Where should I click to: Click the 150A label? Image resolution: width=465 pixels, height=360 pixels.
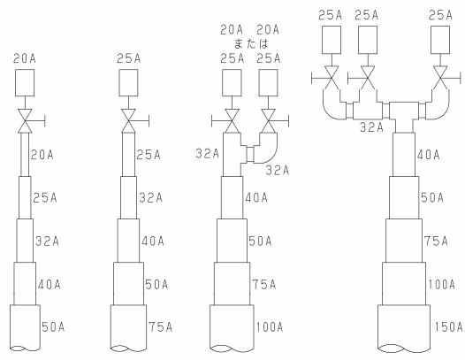[x=449, y=326]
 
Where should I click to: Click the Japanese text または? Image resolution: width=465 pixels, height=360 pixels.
[x=251, y=44]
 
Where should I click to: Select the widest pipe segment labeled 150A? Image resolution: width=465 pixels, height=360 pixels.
[x=404, y=328]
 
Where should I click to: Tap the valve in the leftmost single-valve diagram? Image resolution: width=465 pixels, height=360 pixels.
[x=25, y=121]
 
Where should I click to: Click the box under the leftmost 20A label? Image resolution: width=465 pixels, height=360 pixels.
[x=25, y=83]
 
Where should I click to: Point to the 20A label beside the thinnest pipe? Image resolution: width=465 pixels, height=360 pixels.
[x=42, y=155]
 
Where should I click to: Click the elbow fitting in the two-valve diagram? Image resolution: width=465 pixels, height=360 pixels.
[x=265, y=148]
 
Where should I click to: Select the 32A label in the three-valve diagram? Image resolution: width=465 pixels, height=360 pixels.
[x=371, y=127]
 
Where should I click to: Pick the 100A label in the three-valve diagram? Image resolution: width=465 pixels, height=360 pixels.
[x=441, y=284]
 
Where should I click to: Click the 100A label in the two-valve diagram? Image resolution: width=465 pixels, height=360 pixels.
[x=270, y=326]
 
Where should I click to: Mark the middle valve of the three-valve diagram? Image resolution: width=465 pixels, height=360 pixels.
[x=368, y=78]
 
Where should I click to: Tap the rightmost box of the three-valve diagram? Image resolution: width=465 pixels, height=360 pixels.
[x=440, y=40]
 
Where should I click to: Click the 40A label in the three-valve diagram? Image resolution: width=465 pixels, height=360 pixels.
[x=428, y=155]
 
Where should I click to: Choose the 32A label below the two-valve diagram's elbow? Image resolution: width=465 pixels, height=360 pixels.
[x=278, y=171]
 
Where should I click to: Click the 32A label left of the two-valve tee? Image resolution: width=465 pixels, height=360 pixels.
[x=207, y=154]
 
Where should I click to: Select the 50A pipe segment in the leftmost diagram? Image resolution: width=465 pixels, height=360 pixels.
[x=25, y=328]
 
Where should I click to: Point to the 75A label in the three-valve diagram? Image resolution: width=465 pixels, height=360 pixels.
[x=436, y=241]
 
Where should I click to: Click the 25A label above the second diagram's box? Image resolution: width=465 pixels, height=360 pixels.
[x=129, y=58]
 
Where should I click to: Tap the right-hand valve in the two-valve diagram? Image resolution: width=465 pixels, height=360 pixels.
[x=269, y=121]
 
